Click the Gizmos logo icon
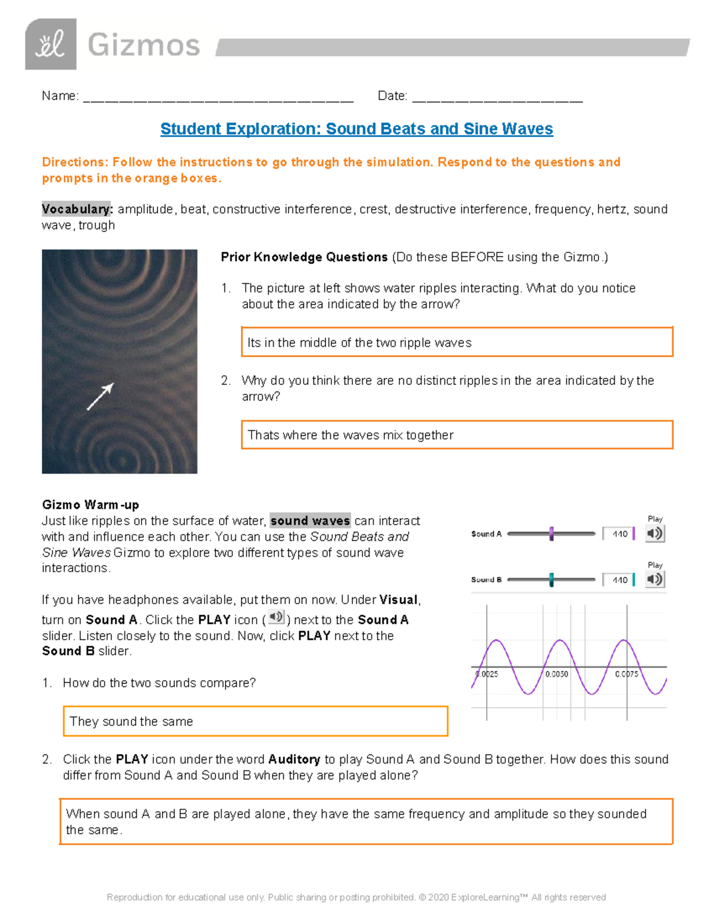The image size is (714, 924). (51, 45)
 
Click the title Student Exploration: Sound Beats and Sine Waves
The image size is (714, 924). (356, 129)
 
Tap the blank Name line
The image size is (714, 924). (218, 97)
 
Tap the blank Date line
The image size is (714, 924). (497, 97)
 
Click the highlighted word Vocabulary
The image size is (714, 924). (76, 209)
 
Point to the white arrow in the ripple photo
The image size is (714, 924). (100, 397)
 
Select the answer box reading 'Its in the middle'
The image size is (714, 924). (456, 342)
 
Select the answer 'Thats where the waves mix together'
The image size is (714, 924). (456, 435)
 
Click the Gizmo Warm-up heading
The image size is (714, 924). (90, 505)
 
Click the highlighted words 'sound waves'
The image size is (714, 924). (310, 521)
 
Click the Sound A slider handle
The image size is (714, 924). (552, 534)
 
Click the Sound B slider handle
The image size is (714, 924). (552, 580)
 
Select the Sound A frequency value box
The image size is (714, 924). (619, 534)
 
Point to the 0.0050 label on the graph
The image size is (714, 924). (556, 674)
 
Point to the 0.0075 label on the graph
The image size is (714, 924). (627, 674)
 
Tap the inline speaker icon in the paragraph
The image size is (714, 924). (276, 618)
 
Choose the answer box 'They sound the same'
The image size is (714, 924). (255, 721)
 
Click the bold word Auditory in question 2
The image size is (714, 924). (294, 760)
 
